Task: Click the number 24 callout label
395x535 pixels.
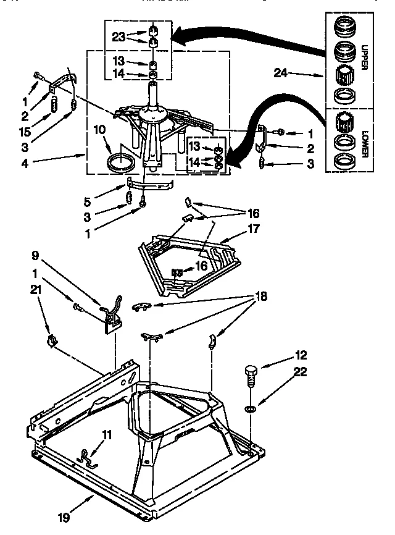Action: (281, 73)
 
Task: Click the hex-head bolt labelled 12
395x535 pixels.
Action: (251, 374)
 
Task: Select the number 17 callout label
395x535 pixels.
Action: (254, 228)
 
